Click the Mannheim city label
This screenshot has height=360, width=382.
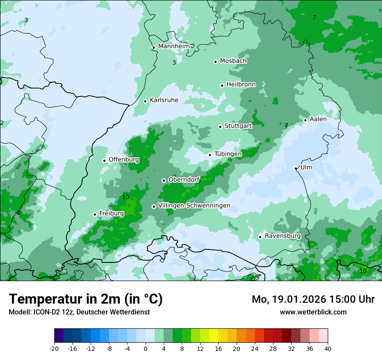pos(174,46)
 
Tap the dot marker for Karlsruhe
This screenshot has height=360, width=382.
pos(145,101)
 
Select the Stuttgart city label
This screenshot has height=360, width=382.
pos(238,126)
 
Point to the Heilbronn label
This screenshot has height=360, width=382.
pos(241,85)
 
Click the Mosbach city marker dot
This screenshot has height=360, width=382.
pos(215,62)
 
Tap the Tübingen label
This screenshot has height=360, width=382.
pos(228,154)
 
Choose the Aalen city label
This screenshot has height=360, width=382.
pos(318,119)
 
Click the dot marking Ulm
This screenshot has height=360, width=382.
pos(296,168)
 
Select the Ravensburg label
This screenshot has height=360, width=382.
pos(283,236)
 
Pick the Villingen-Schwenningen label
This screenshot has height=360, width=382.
pos(194,206)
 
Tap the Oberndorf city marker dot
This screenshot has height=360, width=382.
pos(164,180)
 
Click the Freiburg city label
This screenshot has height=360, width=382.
pos(111,213)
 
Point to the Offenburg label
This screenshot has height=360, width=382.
pos(124,160)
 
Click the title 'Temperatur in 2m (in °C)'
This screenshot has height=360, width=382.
pos(86,299)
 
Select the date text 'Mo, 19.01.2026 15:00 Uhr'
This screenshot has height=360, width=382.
pos(313,299)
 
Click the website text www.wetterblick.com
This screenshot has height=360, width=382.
pos(313,312)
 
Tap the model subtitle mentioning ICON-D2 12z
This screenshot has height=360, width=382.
pos(79,312)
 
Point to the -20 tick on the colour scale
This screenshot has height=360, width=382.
pos(54,349)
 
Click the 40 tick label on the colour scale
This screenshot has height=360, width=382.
pos(328,349)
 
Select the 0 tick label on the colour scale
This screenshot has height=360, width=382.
pos(145,349)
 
